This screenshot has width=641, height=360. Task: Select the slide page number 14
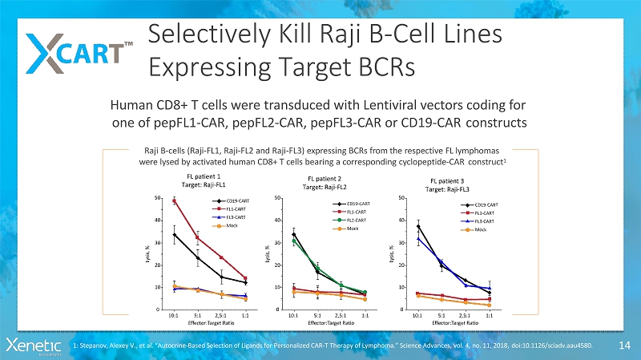(623, 346)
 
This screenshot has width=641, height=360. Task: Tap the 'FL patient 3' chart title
(447, 181)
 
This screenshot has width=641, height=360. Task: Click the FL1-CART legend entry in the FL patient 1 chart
(232, 208)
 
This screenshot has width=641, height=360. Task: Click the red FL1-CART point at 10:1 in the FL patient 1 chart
(174, 200)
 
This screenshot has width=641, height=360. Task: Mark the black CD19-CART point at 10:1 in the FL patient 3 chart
(417, 226)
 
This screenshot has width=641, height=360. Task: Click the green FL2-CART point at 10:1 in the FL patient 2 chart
(294, 241)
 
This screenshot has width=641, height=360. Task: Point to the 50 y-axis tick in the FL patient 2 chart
(277, 197)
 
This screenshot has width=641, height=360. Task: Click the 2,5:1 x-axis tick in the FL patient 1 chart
(222, 316)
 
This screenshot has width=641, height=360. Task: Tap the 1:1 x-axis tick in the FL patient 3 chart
(490, 316)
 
